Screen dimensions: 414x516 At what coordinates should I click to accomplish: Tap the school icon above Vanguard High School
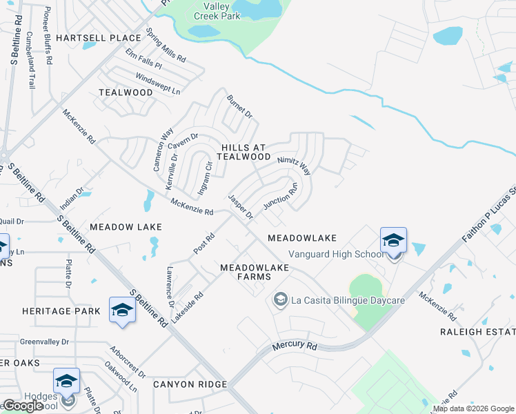pos(393,240)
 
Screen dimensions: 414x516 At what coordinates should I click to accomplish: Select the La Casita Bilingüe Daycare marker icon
pos(280,299)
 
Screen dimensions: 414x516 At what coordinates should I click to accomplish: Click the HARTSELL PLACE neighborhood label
pos(99,37)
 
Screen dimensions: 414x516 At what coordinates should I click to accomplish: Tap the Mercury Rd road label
pos(294,346)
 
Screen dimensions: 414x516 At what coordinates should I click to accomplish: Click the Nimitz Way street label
pos(295,165)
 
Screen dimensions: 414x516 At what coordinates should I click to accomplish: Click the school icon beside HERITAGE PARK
pos(122,310)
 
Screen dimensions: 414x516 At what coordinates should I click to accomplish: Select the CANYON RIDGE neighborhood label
pos(190,384)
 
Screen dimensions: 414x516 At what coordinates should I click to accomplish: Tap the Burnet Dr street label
pos(240,108)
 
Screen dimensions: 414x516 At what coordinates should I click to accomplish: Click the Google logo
pos(23,406)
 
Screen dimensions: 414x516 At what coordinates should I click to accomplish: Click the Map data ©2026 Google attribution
pos(473,409)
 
